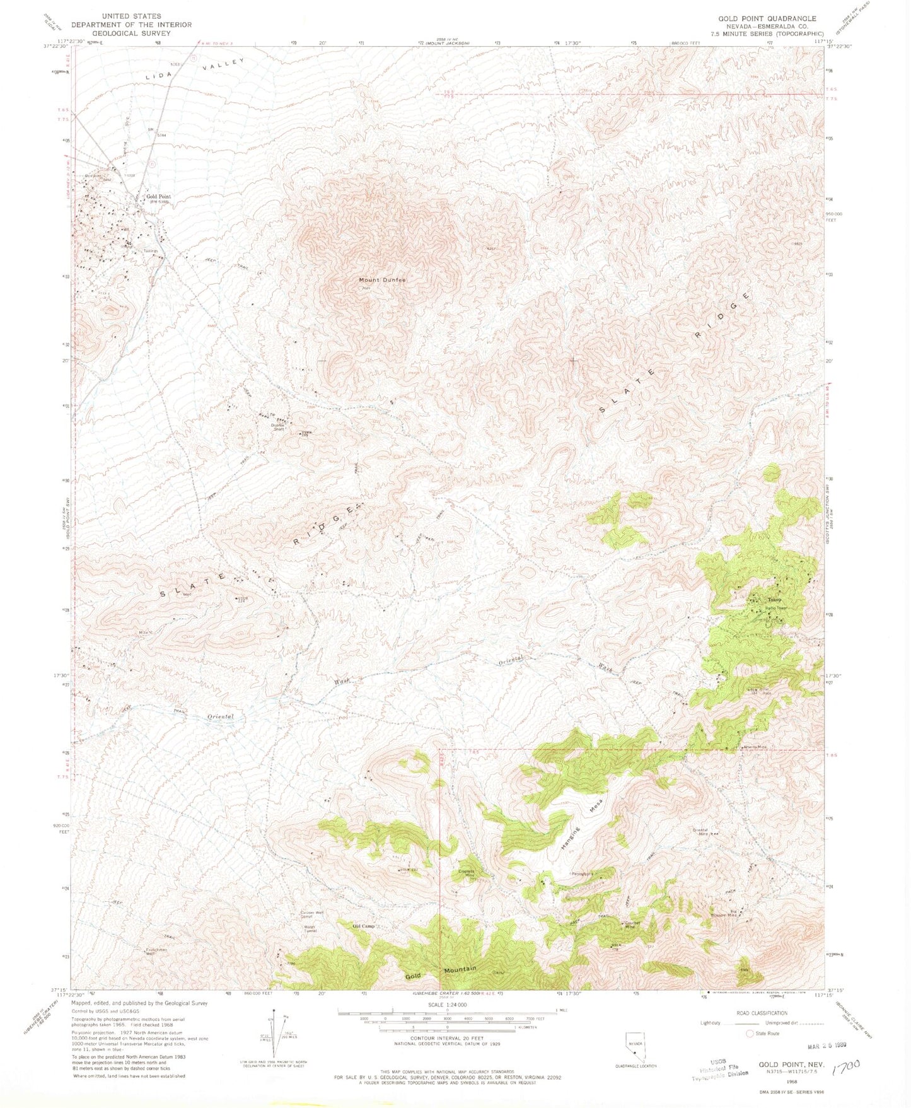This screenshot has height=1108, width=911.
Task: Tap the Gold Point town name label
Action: [x=158, y=197]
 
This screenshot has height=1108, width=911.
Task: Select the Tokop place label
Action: [x=774, y=599]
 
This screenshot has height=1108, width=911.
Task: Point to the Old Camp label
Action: [x=364, y=926]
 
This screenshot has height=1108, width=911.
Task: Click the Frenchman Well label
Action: [x=155, y=951]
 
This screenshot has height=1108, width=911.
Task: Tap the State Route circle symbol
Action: [x=750, y=1034]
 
